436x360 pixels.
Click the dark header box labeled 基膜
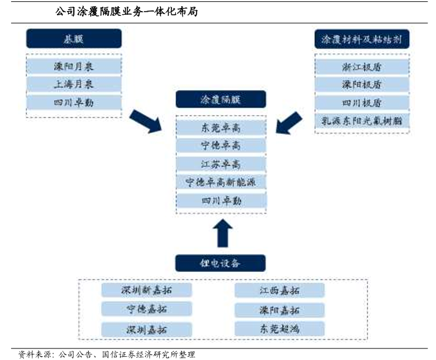click(73, 39)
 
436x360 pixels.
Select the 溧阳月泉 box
click(73, 66)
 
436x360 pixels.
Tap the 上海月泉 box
click(73, 84)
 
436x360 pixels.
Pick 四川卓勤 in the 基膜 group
click(73, 102)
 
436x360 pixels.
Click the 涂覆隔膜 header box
click(220, 100)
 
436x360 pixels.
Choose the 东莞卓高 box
click(220, 127)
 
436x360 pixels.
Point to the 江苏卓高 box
click(220, 164)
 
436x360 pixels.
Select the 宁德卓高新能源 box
click(220, 182)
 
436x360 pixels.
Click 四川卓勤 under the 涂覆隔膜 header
click(220, 200)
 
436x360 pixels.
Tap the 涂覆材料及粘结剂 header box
click(361, 39)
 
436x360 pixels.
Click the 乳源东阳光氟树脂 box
click(361, 121)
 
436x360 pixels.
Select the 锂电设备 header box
click(220, 263)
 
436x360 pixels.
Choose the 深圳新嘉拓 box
click(146, 290)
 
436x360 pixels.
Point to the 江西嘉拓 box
click(279, 290)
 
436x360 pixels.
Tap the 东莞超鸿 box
click(279, 329)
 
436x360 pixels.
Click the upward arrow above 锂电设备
click(221, 234)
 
